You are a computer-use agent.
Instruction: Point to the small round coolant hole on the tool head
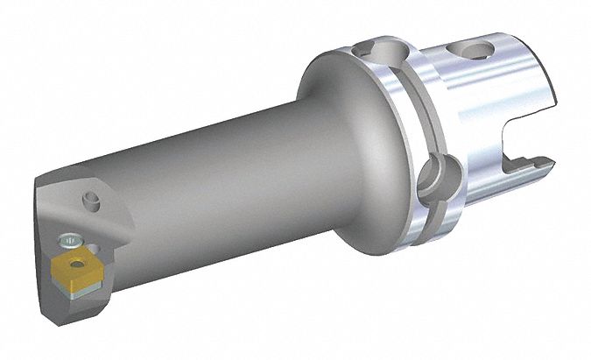point(90,203)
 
